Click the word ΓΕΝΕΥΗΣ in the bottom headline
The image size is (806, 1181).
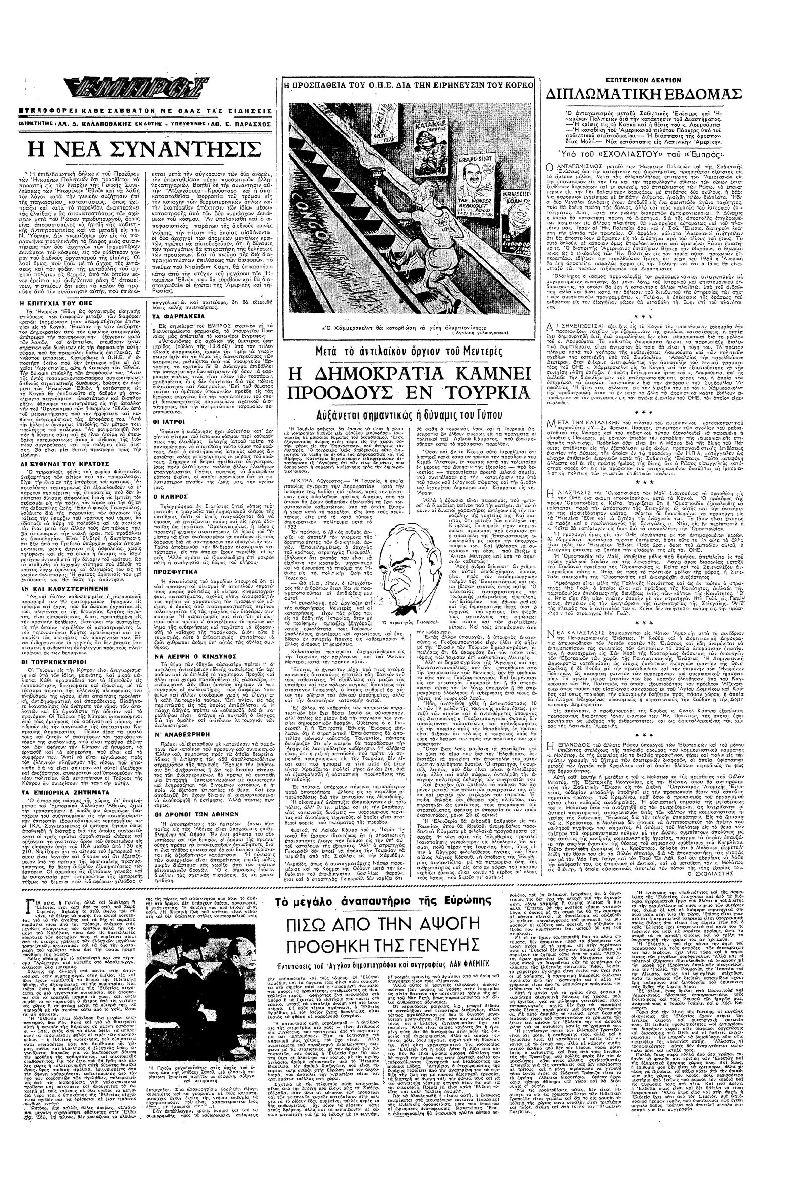(433, 945)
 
